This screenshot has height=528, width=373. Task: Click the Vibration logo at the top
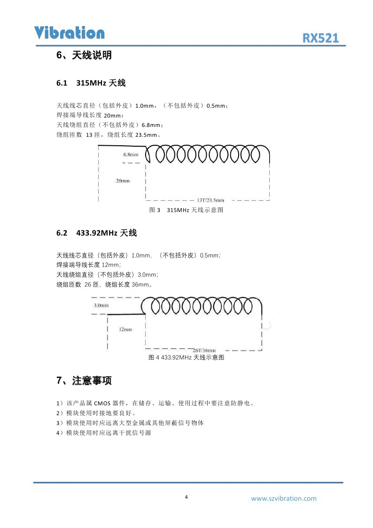[x=69, y=32]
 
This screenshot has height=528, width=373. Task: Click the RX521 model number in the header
[x=320, y=39]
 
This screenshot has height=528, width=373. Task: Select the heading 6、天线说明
[x=84, y=55]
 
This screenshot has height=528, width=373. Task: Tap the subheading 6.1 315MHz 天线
[x=91, y=83]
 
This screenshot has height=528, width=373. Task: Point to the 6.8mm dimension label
[x=131, y=154]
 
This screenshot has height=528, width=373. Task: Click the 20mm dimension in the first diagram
[x=123, y=181]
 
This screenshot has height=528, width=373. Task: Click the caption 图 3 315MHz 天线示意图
[x=186, y=210]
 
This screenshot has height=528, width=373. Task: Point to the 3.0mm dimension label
[x=101, y=306]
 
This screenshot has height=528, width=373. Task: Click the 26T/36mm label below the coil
[x=204, y=350]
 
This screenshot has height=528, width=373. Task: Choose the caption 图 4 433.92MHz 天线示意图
[x=186, y=358]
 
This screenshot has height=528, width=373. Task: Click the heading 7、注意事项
[x=84, y=380]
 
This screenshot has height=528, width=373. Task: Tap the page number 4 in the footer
[x=186, y=497]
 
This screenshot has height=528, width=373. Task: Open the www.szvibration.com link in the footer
[x=284, y=498]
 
